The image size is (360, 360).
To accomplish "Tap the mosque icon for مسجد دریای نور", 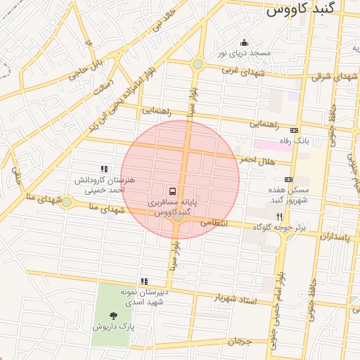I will [x=244, y=42].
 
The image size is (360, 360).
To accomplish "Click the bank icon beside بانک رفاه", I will [x=294, y=130].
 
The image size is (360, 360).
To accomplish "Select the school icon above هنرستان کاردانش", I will [x=104, y=169].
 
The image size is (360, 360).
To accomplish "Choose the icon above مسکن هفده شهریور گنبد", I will [x=288, y=179].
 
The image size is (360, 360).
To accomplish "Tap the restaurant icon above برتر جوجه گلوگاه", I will [x=280, y=217].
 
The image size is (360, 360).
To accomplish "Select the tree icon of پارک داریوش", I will [x=113, y=316].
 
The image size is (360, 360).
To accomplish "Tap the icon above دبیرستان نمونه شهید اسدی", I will [x=145, y=281].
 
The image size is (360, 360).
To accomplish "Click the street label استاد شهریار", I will [x=236, y=300].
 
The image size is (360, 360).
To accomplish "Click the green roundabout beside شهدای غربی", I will [x=198, y=65].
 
